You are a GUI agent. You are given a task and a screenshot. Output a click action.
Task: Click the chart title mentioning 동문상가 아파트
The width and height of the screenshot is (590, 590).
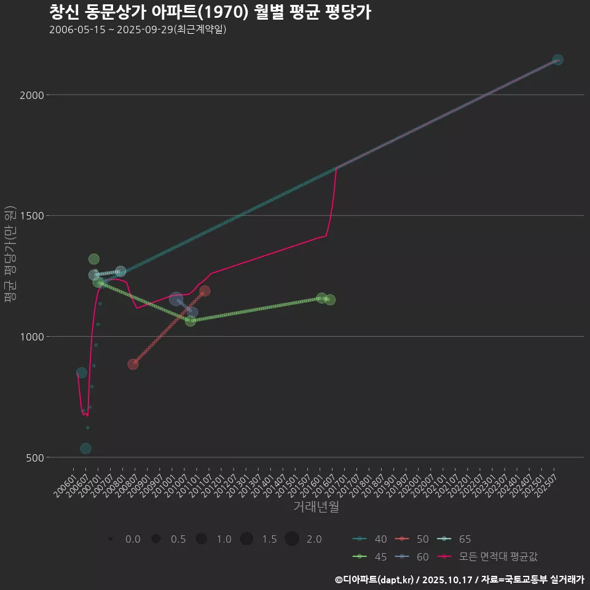point(210,12)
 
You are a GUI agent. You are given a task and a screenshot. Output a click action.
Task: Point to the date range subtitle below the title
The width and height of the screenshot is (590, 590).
point(138,29)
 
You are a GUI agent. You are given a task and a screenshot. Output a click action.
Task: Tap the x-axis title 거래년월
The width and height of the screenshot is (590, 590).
point(317,507)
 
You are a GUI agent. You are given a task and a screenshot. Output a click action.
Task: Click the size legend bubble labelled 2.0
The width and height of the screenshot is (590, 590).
point(292,539)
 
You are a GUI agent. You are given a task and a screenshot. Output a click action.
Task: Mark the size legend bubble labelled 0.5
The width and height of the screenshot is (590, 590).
point(156,539)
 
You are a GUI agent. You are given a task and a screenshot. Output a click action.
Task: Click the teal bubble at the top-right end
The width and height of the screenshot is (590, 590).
point(557,60)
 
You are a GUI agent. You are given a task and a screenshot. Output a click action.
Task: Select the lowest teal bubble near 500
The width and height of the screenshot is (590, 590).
point(85,449)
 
